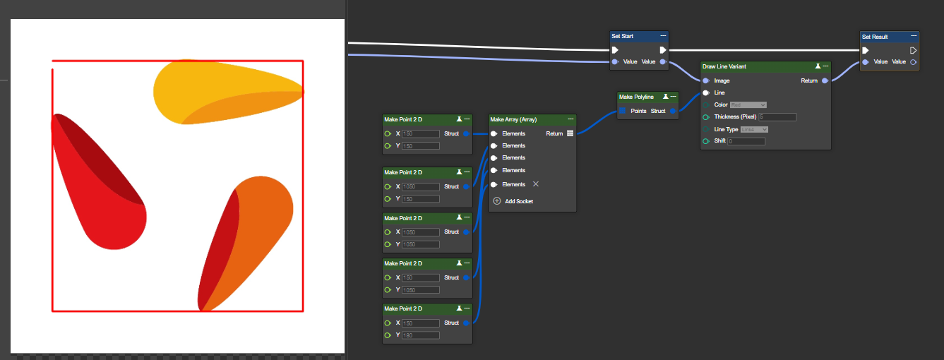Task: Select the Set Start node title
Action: pos(622,36)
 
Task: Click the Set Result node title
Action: pos(875,37)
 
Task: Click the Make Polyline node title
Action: pos(636,97)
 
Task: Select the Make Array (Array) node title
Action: pos(513,119)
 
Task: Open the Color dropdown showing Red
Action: pos(748,104)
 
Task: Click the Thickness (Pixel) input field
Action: pos(777,117)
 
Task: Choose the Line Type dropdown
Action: pos(753,129)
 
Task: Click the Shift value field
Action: pos(746,141)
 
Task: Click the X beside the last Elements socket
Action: pos(535,184)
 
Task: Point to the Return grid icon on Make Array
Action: pos(570,133)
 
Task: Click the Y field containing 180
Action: pos(420,335)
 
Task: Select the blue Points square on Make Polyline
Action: pos(622,111)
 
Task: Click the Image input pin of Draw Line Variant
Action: pos(706,80)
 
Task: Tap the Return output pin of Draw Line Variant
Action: pos(825,80)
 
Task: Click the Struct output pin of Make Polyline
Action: pos(673,111)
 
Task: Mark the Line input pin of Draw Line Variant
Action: pos(706,92)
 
